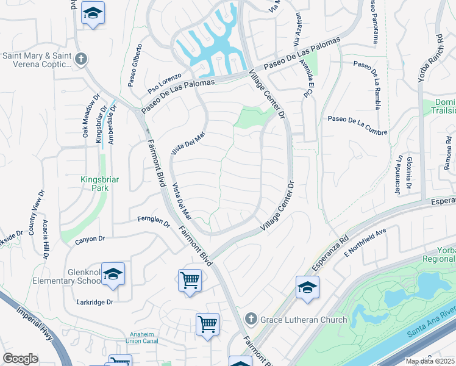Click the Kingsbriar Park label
[94, 184]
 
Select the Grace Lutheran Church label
[303, 319]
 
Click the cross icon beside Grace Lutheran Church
[250, 318]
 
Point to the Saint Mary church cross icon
[80, 59]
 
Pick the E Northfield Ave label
[366, 242]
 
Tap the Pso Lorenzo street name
[165, 84]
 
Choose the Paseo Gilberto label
[135, 63]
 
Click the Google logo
[20, 359]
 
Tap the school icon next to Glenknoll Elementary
[113, 274]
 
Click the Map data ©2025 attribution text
[430, 361]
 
